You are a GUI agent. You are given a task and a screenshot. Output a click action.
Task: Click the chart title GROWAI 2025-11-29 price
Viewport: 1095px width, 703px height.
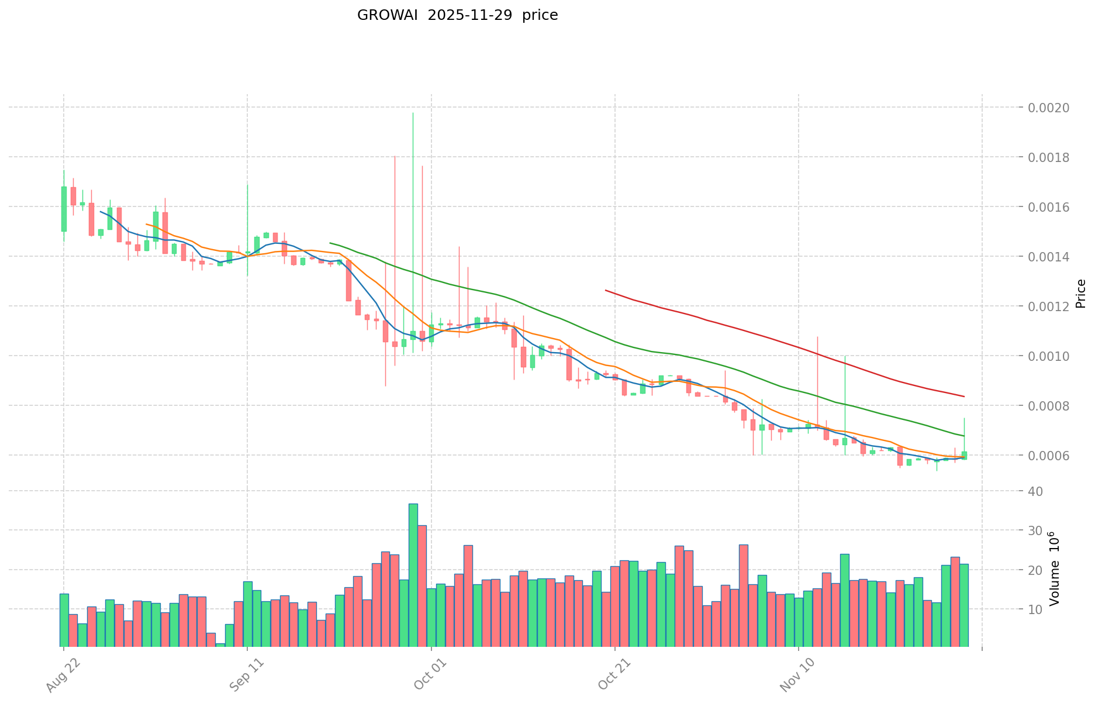457,15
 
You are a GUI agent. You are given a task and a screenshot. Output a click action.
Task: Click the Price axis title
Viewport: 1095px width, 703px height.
1080,294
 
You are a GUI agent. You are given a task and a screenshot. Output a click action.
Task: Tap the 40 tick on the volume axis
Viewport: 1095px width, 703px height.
1035,491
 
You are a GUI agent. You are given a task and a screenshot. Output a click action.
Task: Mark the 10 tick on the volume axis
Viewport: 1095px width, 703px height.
1035,609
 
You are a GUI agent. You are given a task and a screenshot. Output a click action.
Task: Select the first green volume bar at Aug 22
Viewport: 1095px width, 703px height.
64,621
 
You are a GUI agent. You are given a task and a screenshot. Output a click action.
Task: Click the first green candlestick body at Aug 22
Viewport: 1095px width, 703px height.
64,209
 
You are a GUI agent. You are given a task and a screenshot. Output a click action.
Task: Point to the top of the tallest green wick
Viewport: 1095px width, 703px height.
413,113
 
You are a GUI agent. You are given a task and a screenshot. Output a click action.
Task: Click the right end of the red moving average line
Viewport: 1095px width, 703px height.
964,397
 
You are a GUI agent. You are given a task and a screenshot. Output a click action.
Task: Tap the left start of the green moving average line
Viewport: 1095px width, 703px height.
330,243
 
